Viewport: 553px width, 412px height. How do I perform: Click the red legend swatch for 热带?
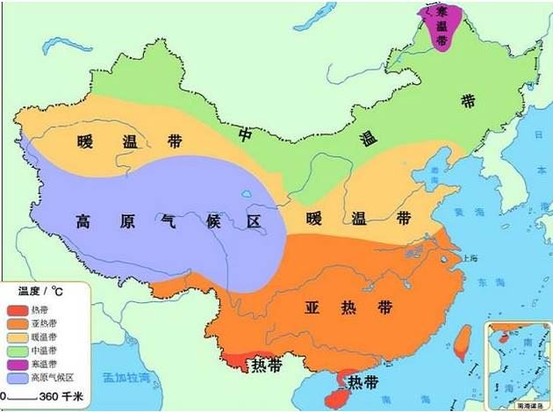pos(18,309)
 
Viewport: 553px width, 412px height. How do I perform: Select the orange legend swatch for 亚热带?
pos(18,322)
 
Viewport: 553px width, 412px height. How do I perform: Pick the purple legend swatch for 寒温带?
pos(18,363)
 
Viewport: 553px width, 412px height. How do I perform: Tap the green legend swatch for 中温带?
pos(18,349)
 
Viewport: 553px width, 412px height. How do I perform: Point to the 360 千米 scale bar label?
pos(67,398)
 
